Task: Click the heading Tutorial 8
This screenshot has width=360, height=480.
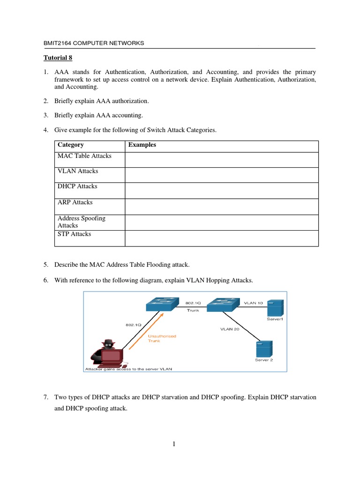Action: coord(59,58)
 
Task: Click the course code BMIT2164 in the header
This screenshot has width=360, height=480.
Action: coord(59,43)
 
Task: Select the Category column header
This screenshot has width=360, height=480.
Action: coord(70,145)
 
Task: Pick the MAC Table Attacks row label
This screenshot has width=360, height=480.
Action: coord(84,156)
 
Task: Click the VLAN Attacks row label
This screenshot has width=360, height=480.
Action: coord(77,171)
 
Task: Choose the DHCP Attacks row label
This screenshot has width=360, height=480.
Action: coord(77,186)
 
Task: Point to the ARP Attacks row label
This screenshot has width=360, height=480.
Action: coord(75,202)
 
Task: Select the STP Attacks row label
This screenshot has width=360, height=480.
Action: coord(74,234)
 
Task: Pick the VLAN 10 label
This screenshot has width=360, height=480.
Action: coord(253,303)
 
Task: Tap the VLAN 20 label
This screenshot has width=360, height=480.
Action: coord(230,329)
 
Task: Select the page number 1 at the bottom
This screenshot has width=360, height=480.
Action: coord(174,445)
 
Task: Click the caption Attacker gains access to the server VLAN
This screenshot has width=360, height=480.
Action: coord(128,368)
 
